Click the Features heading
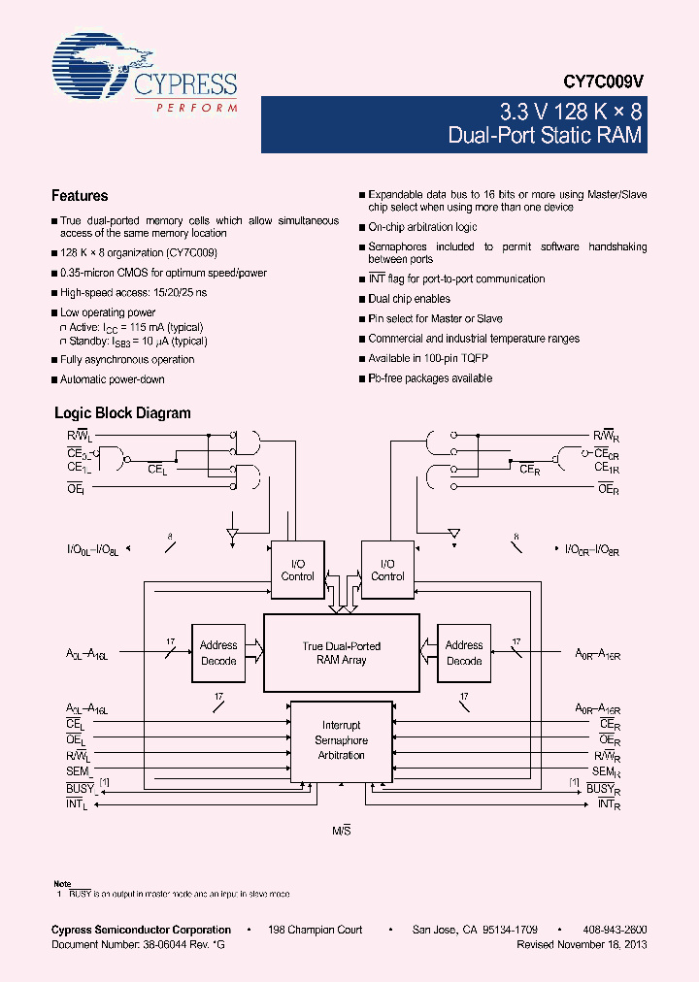point(80,196)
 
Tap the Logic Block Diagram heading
point(122,413)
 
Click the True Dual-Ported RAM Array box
point(341,653)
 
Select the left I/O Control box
point(297,570)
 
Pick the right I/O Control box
point(387,570)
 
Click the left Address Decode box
point(218,653)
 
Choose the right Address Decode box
point(464,653)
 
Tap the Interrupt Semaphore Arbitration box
point(341,739)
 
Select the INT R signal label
point(608,804)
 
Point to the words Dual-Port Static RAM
point(545,135)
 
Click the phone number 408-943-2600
point(616,930)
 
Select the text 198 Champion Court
point(316,930)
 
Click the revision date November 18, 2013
point(602,943)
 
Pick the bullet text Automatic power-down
point(113,379)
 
